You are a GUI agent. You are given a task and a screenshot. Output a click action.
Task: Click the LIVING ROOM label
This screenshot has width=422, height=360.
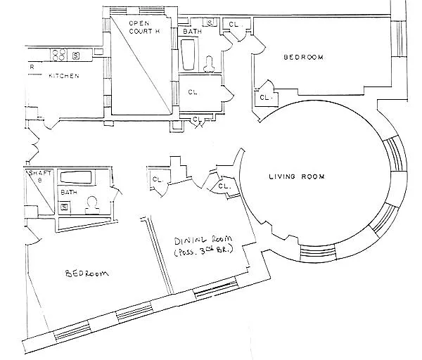[297, 176]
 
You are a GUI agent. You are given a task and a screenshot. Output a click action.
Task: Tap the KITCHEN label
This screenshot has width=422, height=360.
[64, 76]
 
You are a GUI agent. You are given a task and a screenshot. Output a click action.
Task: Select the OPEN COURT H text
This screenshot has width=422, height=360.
[144, 27]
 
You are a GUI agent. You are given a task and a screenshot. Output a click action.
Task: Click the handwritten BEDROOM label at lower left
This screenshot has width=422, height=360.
[87, 274]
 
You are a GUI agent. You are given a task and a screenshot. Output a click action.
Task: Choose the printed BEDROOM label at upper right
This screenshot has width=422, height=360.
[304, 57]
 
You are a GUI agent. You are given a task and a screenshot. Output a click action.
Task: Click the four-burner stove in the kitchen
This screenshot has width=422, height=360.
[59, 54]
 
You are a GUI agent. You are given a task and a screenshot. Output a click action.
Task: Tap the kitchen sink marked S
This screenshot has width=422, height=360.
[76, 56]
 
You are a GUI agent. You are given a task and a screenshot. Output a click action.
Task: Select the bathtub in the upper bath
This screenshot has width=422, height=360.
[188, 55]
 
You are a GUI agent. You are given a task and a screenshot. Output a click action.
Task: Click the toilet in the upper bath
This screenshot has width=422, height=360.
[209, 64]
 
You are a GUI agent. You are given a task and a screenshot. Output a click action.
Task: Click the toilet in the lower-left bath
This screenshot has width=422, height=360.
[92, 205]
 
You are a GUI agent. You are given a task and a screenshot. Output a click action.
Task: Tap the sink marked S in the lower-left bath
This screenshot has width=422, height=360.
[64, 207]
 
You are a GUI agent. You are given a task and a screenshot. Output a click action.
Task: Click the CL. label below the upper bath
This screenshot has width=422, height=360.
[193, 92]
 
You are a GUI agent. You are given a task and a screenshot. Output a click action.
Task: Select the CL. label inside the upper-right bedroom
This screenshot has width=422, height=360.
[266, 98]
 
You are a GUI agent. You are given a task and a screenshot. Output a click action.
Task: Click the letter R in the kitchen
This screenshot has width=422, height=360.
[32, 67]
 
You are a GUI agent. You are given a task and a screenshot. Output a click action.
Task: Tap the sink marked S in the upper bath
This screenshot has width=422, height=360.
[210, 22]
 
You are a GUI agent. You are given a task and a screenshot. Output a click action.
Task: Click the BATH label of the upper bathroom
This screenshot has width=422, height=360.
[192, 32]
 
